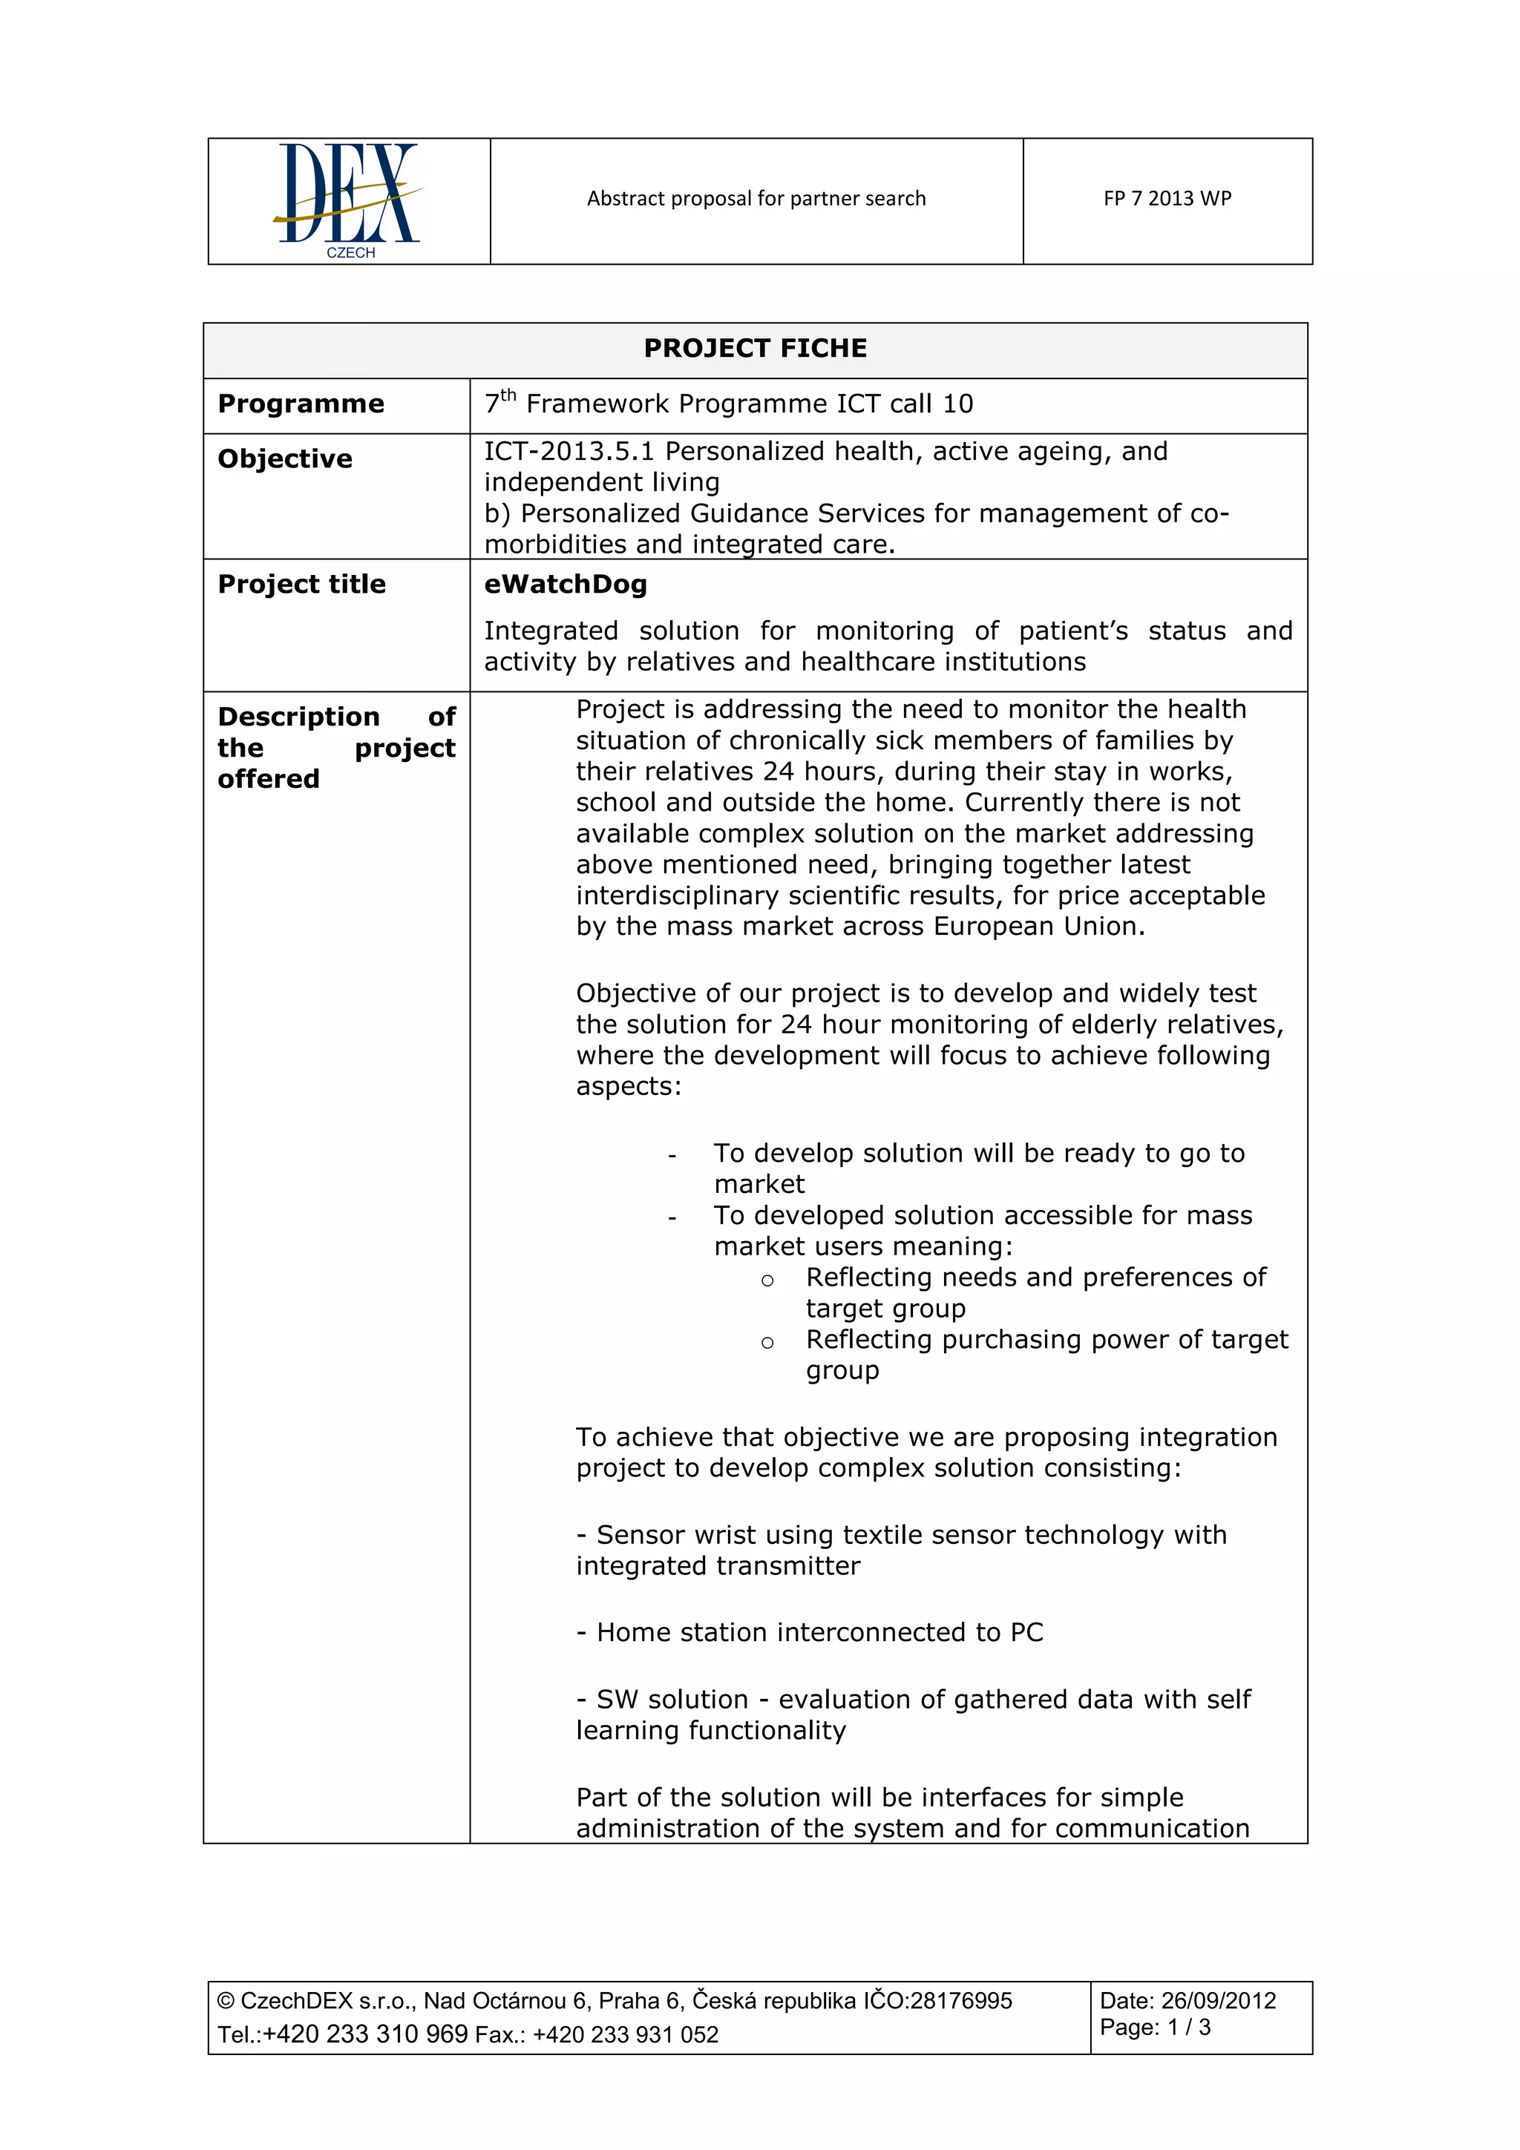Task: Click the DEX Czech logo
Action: [x=348, y=200]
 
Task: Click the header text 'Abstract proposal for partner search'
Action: [x=756, y=199]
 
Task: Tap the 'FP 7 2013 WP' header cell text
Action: [x=1167, y=199]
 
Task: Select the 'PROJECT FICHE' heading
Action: [x=755, y=349]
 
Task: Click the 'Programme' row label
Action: [x=301, y=404]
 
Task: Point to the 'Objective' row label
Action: [x=285, y=458]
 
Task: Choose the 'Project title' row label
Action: [x=301, y=585]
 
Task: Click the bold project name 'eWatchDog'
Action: [x=566, y=585]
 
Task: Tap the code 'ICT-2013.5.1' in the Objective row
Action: [x=569, y=451]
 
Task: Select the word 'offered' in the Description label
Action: [x=269, y=779]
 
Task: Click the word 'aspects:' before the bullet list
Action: [x=629, y=1086]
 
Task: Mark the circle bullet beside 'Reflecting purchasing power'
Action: [x=767, y=1344]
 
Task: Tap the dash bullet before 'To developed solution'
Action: [x=672, y=1218]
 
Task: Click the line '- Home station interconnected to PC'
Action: [x=809, y=1632]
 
